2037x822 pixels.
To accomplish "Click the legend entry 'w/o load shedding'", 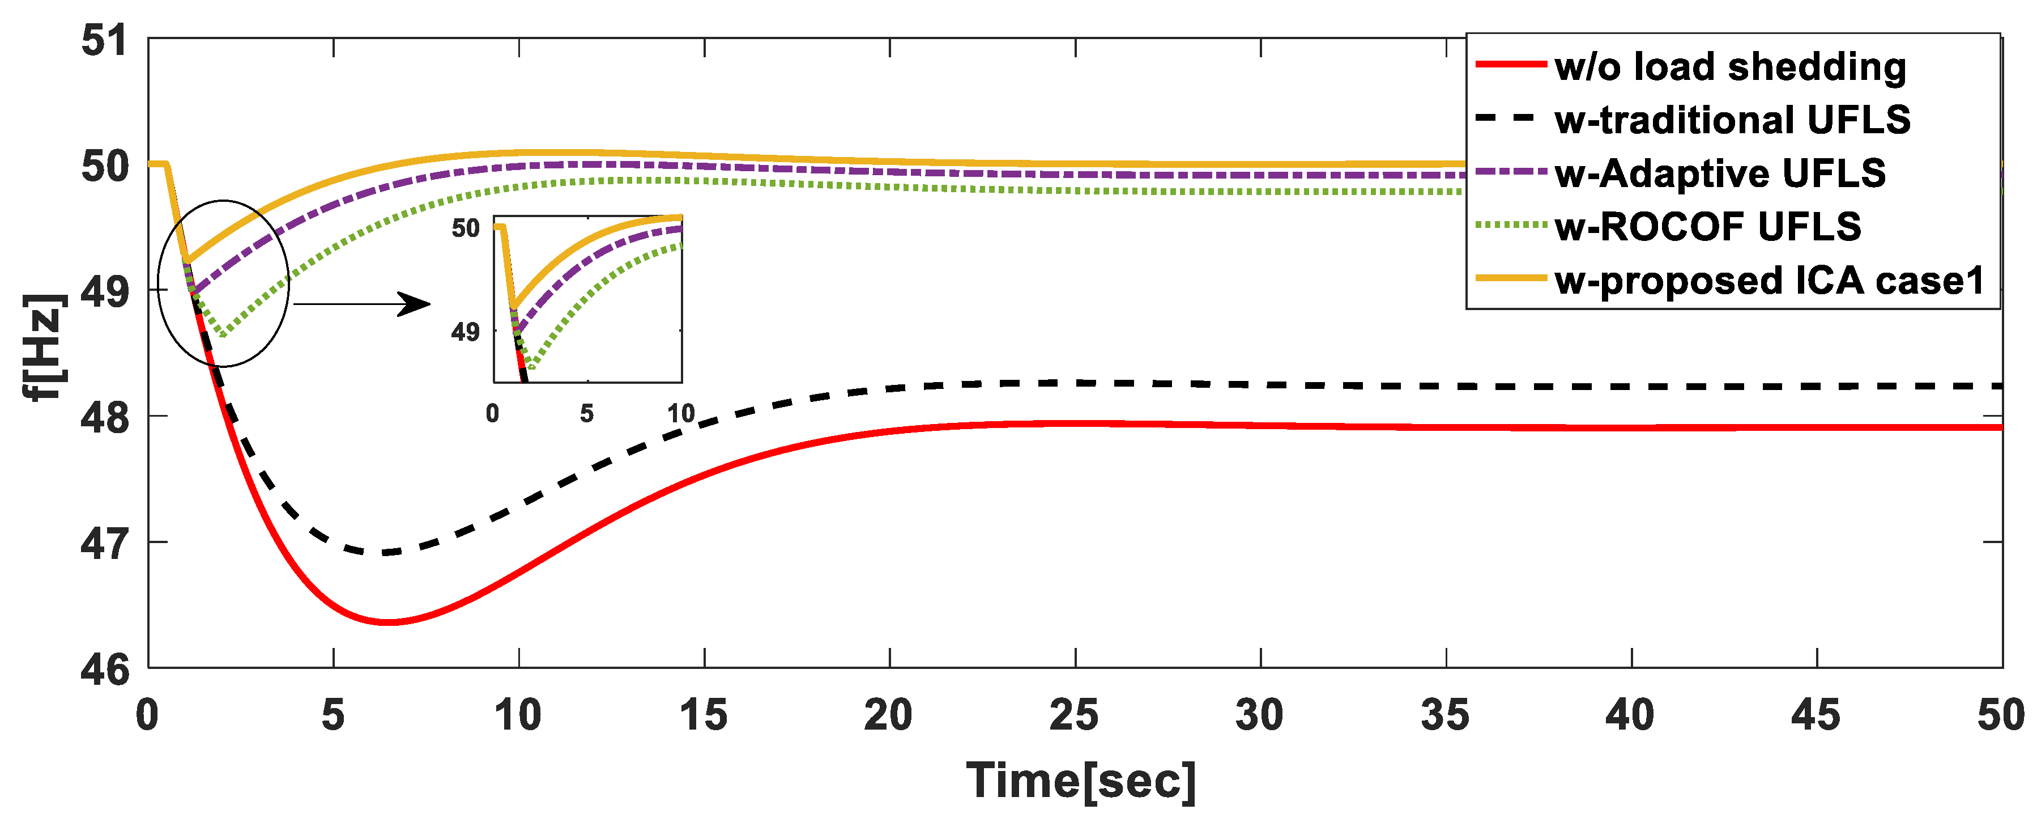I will click(1729, 66).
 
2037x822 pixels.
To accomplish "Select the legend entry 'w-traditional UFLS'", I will click(1732, 120).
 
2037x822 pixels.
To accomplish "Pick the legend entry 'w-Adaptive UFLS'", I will click(1719, 173).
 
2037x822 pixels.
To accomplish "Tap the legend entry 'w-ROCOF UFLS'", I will click(1707, 227).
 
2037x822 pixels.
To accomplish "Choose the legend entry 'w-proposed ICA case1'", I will click(1769, 281).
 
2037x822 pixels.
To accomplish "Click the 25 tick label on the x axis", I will click(1074, 715).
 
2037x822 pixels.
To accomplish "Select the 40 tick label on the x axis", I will click(1630, 715).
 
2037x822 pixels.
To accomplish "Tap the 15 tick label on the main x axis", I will click(703, 715).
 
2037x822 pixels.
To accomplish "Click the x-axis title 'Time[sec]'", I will click(1080, 782).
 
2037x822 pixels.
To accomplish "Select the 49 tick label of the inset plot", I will click(465, 332).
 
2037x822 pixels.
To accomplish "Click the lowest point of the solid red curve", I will click(387, 622).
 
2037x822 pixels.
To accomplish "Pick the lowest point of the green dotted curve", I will click(224, 336).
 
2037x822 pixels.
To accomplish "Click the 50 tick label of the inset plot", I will click(465, 228).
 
